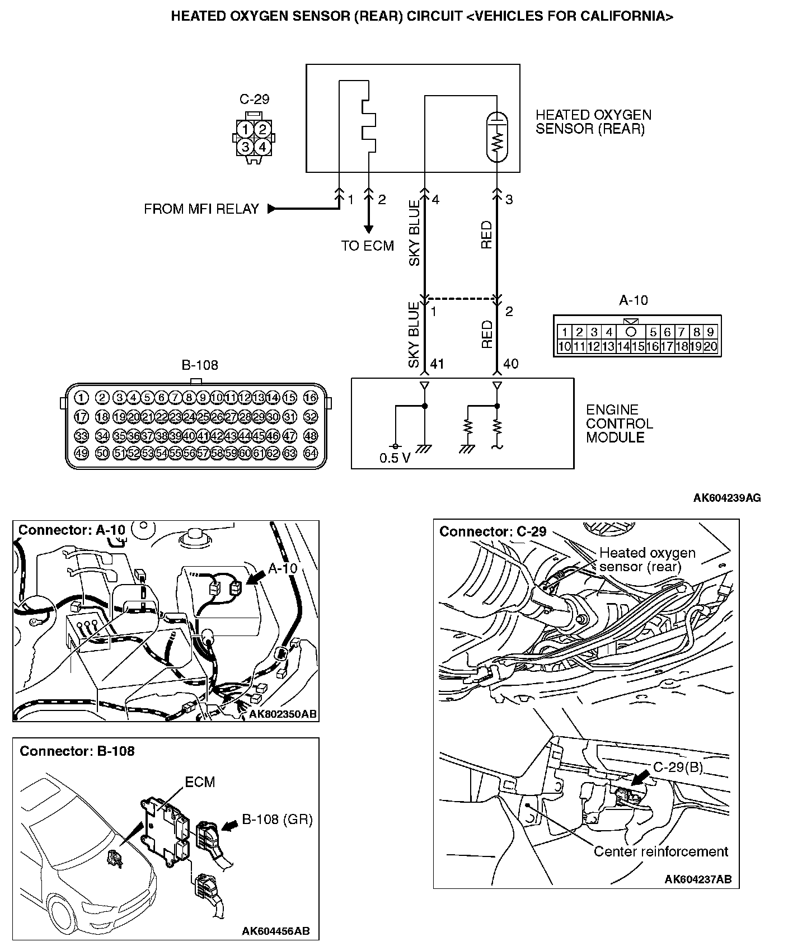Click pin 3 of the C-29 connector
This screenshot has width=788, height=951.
pyautogui.click(x=245, y=147)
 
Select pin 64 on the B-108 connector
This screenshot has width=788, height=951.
pyautogui.click(x=311, y=453)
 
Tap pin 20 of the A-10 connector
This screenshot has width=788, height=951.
pyautogui.click(x=710, y=347)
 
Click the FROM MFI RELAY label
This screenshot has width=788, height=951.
pyautogui.click(x=201, y=209)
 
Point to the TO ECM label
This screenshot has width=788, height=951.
pyautogui.click(x=368, y=246)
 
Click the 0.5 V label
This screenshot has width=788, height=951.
pyautogui.click(x=395, y=458)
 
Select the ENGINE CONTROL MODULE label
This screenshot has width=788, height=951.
pyautogui.click(x=619, y=423)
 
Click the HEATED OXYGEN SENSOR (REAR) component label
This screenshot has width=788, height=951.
pyautogui.click(x=593, y=122)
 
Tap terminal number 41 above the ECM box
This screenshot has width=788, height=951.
pyautogui.click(x=437, y=364)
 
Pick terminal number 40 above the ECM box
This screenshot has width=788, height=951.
pyautogui.click(x=510, y=364)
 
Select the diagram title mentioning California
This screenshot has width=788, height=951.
pyautogui.click(x=422, y=16)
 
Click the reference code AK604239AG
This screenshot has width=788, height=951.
pyautogui.click(x=727, y=498)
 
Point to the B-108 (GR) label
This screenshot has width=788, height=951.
pyautogui.click(x=277, y=820)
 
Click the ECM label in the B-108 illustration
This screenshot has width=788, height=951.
pyautogui.click(x=200, y=781)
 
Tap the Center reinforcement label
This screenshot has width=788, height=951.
pyautogui.click(x=660, y=851)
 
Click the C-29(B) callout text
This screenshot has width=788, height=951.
pyautogui.click(x=678, y=766)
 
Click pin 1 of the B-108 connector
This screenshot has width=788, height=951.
pyautogui.click(x=82, y=398)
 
